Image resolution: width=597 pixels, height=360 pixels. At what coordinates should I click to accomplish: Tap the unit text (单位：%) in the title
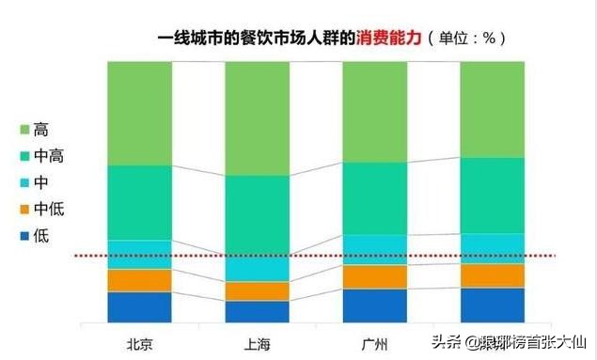(x=467, y=38)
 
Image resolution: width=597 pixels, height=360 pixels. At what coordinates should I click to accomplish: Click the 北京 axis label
(x=139, y=340)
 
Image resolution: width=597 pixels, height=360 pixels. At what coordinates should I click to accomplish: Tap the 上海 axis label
(x=257, y=340)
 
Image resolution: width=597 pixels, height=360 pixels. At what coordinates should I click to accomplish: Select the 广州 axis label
(x=374, y=340)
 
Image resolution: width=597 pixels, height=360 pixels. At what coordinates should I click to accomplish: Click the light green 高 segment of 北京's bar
(x=139, y=113)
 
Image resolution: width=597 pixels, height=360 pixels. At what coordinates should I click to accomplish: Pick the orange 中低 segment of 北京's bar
(x=139, y=280)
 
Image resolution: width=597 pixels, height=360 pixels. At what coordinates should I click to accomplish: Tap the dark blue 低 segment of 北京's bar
(x=139, y=307)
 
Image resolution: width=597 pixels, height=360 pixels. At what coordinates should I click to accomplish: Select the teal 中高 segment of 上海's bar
(x=257, y=215)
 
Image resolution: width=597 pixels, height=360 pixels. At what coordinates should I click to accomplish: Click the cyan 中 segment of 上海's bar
(x=257, y=268)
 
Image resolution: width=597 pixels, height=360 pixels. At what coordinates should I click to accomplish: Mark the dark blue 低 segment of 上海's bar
(x=257, y=312)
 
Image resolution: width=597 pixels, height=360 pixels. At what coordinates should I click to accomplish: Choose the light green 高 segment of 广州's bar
(x=374, y=111)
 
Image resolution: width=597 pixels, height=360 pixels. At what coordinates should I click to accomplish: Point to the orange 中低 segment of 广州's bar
(x=374, y=276)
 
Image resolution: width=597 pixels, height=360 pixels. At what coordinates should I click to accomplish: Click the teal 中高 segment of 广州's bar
(x=374, y=197)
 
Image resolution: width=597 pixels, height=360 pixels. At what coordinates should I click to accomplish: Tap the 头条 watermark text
(x=448, y=341)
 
